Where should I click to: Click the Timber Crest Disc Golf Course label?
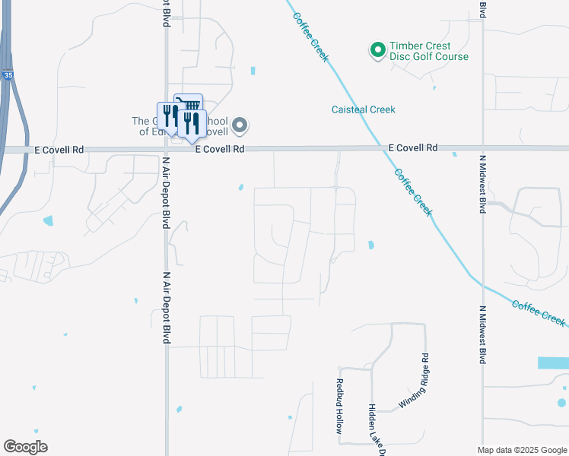[x=429, y=52]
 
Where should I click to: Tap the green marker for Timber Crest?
[x=377, y=50]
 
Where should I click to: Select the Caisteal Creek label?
[x=363, y=109]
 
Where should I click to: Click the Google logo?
[x=25, y=447]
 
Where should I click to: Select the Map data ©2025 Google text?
[x=521, y=450]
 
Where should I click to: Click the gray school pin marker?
[x=240, y=125]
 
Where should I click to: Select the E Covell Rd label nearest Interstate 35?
[x=58, y=150]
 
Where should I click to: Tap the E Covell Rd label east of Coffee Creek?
[x=413, y=147]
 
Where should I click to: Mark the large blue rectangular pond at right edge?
[x=553, y=363]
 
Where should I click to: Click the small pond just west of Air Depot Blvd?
[x=50, y=222]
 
